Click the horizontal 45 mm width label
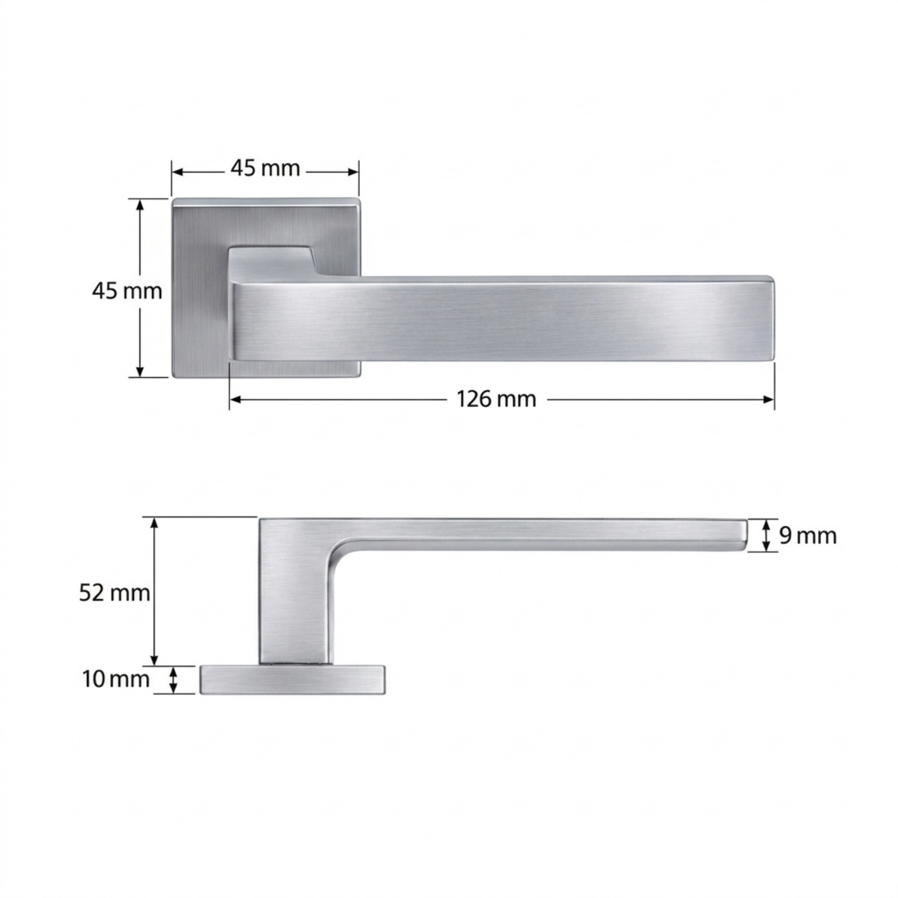click(265, 168)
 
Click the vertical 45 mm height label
click(126, 291)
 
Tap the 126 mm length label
click(496, 400)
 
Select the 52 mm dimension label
click(114, 593)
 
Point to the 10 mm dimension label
click(116, 679)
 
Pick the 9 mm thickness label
click(808, 536)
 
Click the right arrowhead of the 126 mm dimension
click(768, 399)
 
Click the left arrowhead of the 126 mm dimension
click(236, 399)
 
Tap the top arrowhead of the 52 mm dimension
click(155, 525)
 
